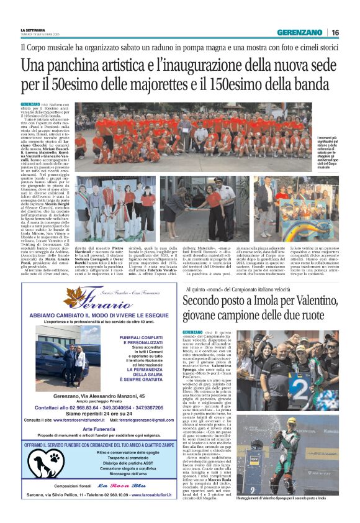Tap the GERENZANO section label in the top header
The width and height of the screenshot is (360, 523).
300,32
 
